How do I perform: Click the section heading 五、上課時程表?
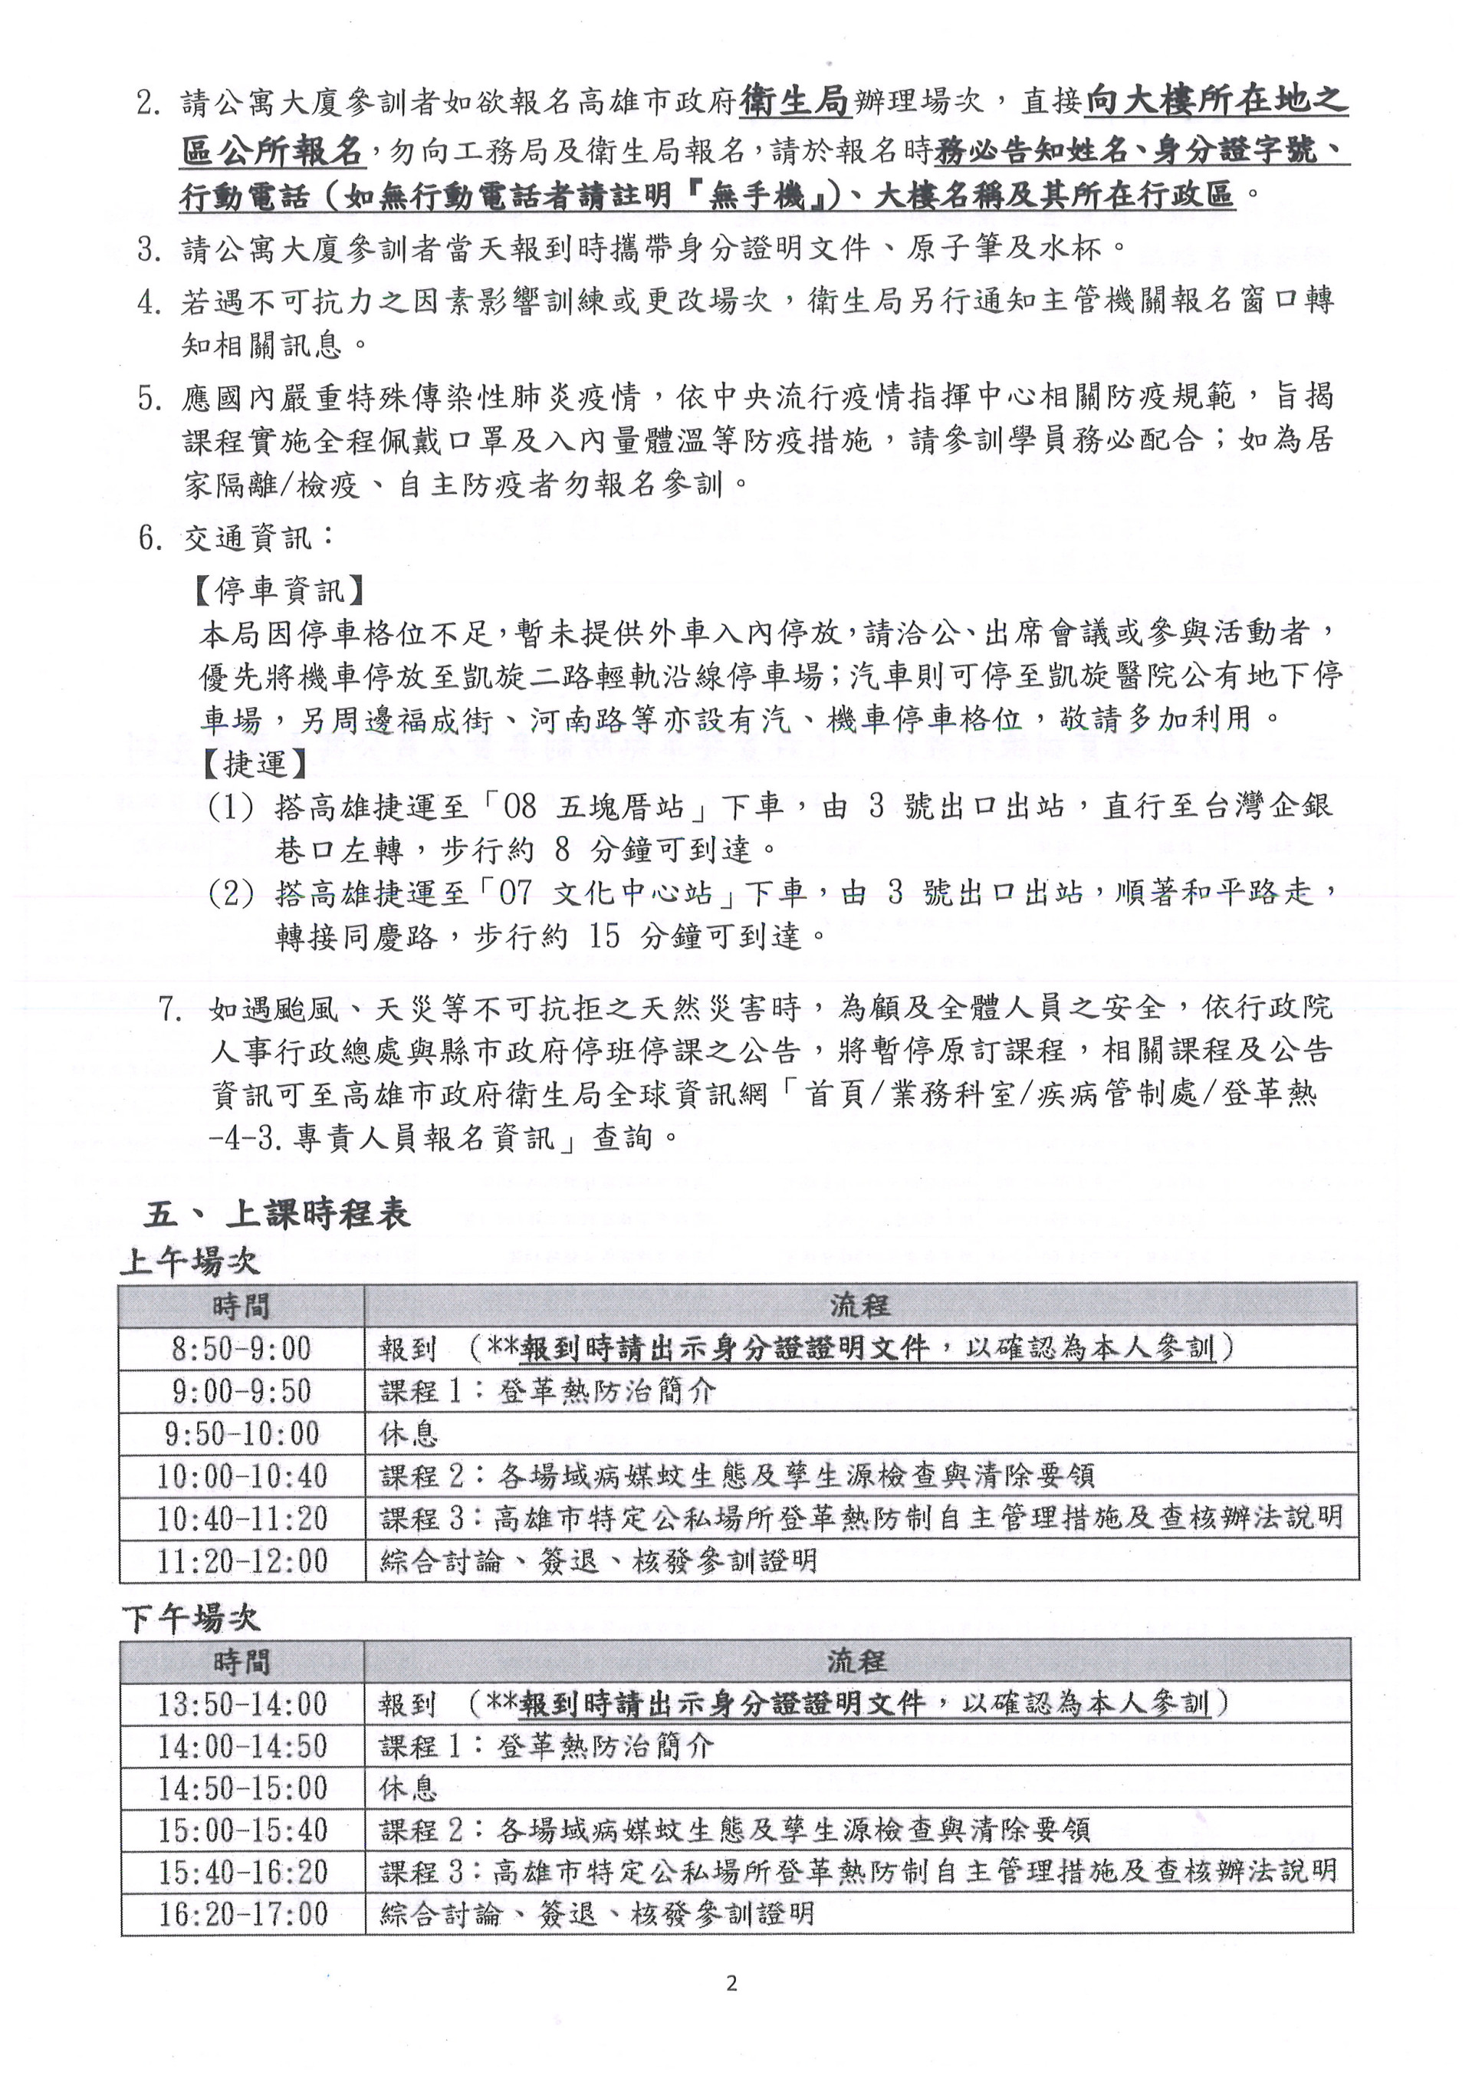click(277, 1213)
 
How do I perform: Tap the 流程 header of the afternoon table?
click(856, 1661)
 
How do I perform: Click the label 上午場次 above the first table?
click(190, 1261)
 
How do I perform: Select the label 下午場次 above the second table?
click(190, 1619)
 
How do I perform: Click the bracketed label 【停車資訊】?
click(279, 590)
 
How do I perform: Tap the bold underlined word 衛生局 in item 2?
click(795, 100)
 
